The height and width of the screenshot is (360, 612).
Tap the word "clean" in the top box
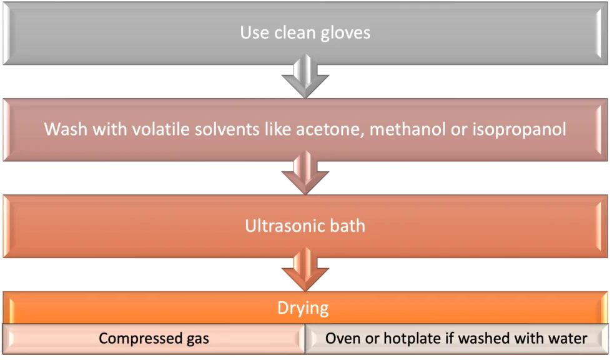point(295,32)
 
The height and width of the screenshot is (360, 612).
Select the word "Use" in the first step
point(255,32)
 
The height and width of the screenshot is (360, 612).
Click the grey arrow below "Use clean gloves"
point(305,76)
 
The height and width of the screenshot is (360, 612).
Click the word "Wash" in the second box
point(66,129)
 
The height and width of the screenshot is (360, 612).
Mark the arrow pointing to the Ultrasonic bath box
point(305,172)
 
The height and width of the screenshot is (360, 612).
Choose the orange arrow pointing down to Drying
point(305,269)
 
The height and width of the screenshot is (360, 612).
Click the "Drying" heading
point(303,308)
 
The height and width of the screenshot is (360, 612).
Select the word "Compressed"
point(141,339)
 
